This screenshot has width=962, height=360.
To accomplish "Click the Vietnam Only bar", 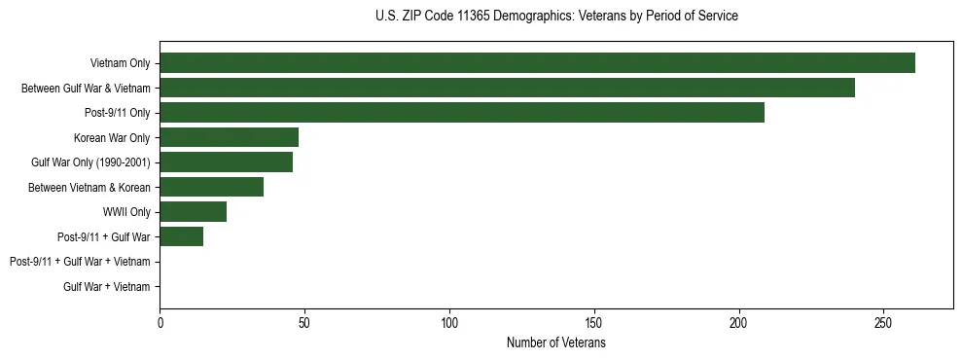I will [537, 63].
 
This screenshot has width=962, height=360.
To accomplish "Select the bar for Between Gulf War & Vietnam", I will [507, 88].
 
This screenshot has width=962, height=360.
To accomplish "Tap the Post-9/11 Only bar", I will [462, 113].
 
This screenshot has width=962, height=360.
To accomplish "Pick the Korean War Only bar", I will [229, 137].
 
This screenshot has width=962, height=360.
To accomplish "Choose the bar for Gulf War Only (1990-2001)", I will [226, 162].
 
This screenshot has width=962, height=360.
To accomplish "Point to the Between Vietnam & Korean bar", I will [211, 187].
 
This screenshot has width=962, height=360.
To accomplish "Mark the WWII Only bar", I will [193, 212].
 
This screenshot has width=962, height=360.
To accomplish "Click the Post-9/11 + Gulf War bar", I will [181, 236].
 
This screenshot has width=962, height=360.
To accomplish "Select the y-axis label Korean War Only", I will [112, 137].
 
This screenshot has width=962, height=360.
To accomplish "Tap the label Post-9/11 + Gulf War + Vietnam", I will [80, 262].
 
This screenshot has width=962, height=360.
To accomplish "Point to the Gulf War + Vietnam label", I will [107, 287].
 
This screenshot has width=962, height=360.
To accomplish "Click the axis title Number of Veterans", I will [555, 343].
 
